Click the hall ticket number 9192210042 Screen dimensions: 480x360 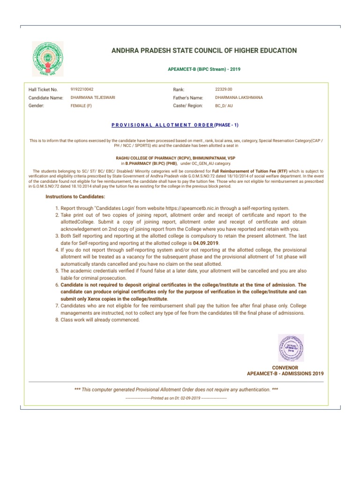click(82, 89)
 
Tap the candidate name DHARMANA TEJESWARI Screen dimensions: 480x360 click(93, 97)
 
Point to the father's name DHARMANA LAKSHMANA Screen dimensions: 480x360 click(239, 97)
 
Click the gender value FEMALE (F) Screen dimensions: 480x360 click(81, 106)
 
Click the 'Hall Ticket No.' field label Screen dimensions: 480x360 click(43, 89)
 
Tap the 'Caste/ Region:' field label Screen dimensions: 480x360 click(187, 106)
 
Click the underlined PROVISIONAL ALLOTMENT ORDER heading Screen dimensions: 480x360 click(162, 125)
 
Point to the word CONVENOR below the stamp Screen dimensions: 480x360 click(285, 367)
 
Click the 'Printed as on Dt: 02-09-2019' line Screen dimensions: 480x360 click(176, 398)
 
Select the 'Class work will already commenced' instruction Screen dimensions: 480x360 click(100, 320)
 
